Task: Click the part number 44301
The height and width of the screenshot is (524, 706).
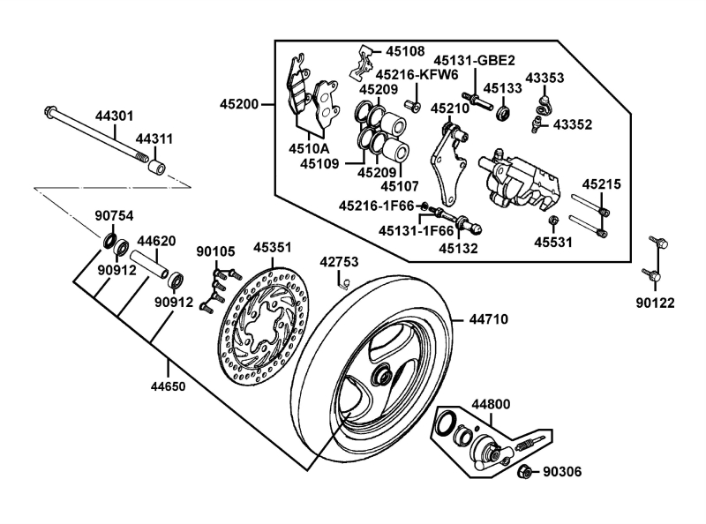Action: point(115,116)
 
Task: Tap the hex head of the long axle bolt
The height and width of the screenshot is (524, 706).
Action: point(49,110)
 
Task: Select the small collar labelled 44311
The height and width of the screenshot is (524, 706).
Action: point(157,167)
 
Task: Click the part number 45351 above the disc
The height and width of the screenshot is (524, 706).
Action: point(273,248)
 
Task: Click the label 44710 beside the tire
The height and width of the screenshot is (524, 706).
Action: point(489,319)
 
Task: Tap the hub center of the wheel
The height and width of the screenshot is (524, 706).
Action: point(382,376)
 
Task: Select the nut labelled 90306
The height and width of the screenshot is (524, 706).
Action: point(524,472)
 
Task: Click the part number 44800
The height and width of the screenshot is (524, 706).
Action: point(491,404)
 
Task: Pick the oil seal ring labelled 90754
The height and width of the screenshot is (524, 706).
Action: point(109,242)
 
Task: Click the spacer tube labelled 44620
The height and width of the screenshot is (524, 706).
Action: point(149,265)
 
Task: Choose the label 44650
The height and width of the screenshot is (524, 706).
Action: point(168,386)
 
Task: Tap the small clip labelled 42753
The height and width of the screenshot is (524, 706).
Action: point(343,282)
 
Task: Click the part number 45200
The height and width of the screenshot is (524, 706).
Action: point(239,104)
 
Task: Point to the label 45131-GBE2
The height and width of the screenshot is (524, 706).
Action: point(474,60)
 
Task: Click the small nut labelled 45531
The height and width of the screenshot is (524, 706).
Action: point(553,221)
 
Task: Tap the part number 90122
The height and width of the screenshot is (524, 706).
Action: point(655,303)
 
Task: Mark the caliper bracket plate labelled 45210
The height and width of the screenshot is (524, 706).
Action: point(448,164)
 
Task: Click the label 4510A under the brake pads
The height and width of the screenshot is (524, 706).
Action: point(309,148)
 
